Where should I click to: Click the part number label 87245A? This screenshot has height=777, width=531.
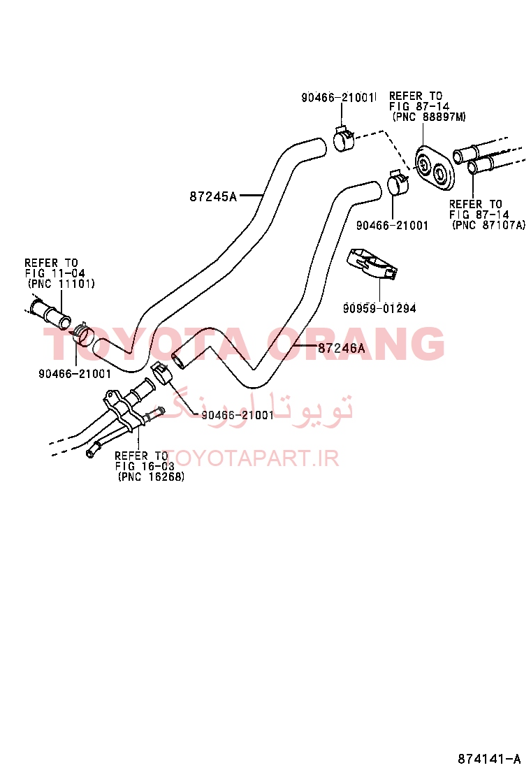[213, 197]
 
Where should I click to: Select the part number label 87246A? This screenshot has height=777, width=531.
[341, 349]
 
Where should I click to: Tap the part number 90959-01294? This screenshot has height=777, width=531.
[379, 308]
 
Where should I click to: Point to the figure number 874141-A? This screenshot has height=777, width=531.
[489, 759]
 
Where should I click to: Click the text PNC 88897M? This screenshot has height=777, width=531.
[429, 117]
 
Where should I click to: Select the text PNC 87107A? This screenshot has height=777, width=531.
[489, 225]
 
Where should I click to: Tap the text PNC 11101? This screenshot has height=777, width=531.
[61, 284]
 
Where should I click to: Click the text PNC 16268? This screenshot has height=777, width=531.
[151, 477]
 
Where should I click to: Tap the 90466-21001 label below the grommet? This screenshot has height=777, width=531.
[392, 226]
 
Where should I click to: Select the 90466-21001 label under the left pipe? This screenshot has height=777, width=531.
[75, 374]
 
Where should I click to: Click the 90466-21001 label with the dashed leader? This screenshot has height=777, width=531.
[238, 415]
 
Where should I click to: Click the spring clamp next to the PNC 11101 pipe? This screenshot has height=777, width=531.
[82, 333]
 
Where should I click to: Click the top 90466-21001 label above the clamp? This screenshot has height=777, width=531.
[339, 97]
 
